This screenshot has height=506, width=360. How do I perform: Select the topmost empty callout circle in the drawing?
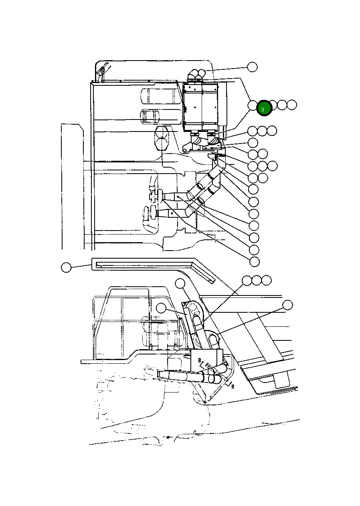(x=252, y=67)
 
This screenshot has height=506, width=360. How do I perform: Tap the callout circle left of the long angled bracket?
(x=66, y=267)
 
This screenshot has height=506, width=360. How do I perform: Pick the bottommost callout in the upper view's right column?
(x=254, y=261)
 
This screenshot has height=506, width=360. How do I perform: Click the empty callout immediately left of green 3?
(x=253, y=105)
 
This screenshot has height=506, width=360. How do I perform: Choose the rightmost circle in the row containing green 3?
(x=292, y=105)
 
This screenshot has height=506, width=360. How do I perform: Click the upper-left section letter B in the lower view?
(x=199, y=360)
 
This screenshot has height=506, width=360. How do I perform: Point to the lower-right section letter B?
(x=233, y=387)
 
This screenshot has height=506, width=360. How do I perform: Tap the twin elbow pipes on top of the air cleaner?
(x=196, y=74)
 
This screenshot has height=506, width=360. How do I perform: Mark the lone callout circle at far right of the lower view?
(x=287, y=305)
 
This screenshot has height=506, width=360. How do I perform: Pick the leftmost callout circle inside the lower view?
(x=161, y=308)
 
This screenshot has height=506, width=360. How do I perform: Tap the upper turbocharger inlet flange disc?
(x=159, y=195)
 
